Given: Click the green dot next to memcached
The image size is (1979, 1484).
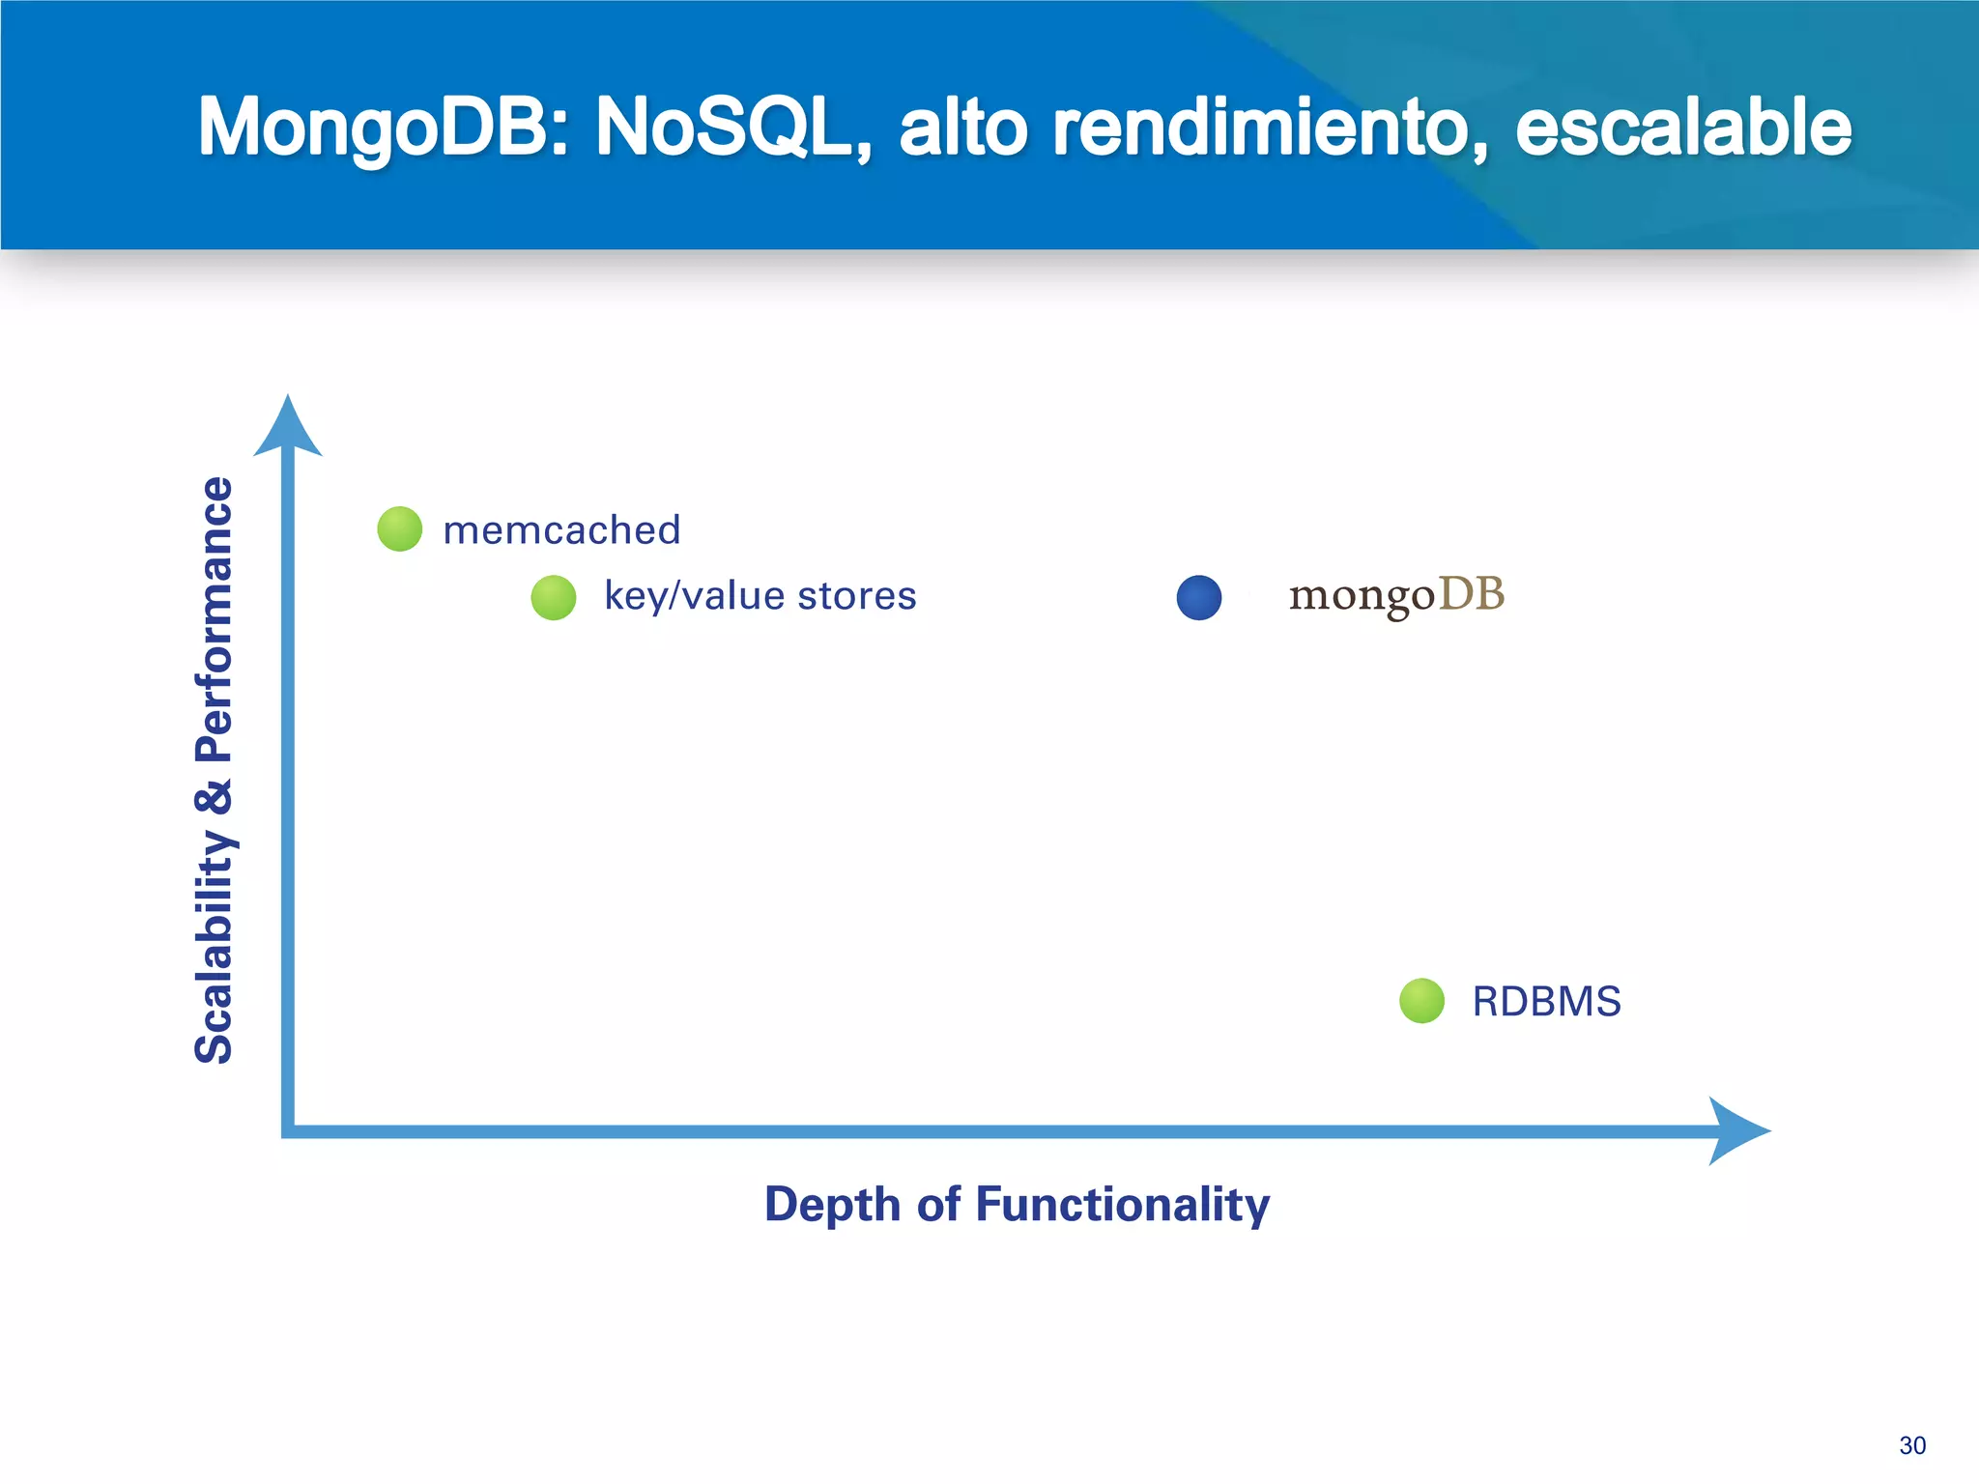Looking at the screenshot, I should [399, 529].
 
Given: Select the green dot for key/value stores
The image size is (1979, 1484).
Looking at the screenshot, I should [554, 597].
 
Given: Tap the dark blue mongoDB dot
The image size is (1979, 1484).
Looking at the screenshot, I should [1199, 597].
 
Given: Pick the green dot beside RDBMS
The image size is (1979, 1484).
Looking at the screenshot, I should [1421, 1001].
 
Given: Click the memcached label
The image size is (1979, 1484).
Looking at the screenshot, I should [561, 530].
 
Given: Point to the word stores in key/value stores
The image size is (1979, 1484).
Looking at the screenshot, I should [856, 596].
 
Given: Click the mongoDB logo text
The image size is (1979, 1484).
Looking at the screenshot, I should [1396, 595].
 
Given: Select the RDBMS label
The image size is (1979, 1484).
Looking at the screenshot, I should [1546, 1002].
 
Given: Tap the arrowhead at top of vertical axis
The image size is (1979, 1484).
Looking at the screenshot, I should [288, 425].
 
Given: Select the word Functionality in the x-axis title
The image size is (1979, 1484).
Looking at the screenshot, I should [1122, 1205].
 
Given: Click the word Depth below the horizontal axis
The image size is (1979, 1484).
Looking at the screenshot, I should [832, 1205].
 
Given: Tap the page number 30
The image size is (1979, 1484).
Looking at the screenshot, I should [1911, 1445].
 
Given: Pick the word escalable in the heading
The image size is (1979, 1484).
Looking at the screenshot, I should [1682, 128].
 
